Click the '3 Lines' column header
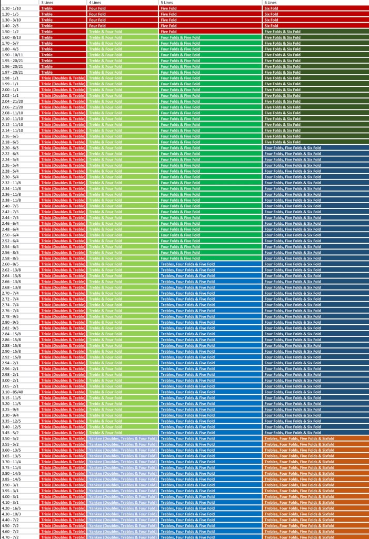(x=47, y=3)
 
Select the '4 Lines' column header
(x=95, y=3)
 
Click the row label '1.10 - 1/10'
(x=11, y=8)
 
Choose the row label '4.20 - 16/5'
(x=11, y=508)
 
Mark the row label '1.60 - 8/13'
(x=11, y=37)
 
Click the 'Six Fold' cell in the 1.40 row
(x=315, y=26)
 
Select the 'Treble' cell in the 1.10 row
(x=63, y=8)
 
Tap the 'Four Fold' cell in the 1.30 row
(x=123, y=20)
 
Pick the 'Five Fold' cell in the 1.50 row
(x=211, y=32)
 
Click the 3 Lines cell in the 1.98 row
(x=63, y=78)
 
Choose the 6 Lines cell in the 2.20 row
(x=315, y=148)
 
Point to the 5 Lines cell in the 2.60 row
(x=211, y=264)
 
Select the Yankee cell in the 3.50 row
(x=123, y=438)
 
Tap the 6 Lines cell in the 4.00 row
(x=315, y=497)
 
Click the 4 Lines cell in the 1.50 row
(x=123, y=32)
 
